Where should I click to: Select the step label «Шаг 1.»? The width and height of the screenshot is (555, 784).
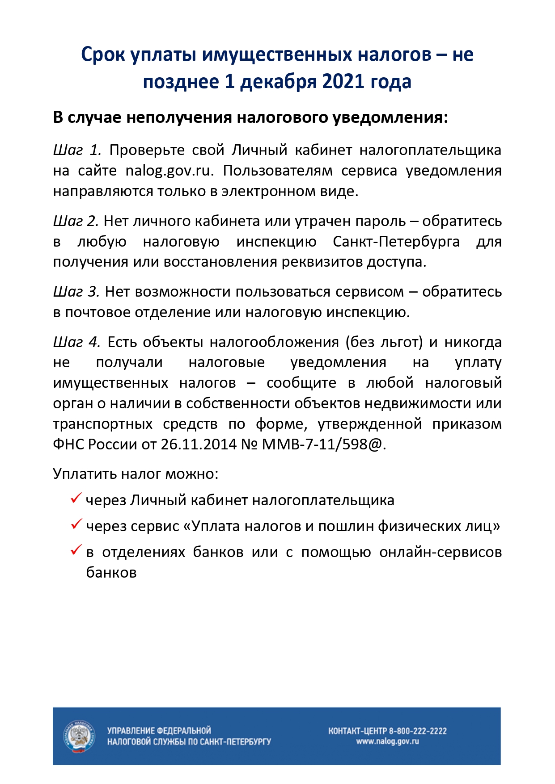77,150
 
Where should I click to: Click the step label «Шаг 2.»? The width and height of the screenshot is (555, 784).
76,221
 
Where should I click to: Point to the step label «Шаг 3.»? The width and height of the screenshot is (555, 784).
76,292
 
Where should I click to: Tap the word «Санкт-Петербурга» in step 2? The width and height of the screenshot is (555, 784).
396,242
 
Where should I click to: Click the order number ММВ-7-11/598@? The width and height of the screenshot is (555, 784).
322,444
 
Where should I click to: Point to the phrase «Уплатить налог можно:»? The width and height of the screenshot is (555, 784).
136,474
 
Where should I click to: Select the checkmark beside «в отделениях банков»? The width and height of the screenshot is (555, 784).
76,550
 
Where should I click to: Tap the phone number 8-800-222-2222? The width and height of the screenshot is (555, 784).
418,731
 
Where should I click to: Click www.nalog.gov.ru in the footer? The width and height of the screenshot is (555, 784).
387,742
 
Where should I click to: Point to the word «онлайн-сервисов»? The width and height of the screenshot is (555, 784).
441,553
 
